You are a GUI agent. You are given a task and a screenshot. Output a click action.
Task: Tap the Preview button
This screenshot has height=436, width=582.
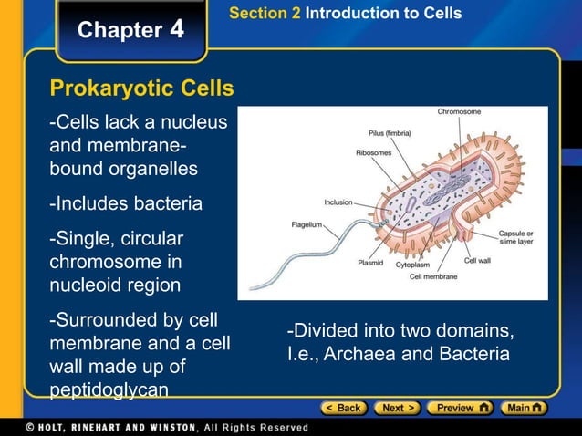click(461, 408)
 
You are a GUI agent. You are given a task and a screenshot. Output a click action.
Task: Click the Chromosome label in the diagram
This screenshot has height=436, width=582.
click(459, 112)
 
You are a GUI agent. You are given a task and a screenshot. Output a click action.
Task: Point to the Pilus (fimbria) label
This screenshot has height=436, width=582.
click(390, 133)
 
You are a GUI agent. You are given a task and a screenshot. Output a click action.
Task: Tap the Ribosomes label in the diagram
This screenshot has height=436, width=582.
click(374, 152)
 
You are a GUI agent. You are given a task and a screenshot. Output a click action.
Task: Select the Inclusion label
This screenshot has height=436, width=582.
click(338, 202)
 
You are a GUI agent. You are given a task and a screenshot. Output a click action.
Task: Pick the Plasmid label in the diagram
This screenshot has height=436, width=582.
click(369, 263)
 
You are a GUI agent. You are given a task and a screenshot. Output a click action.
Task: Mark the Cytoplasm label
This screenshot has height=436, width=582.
click(412, 265)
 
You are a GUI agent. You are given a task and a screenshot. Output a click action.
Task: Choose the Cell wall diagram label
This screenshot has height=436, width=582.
click(478, 261)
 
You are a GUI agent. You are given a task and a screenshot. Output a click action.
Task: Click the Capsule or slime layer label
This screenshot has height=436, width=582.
click(516, 239)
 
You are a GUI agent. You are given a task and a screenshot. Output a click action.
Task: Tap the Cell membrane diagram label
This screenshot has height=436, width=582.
click(433, 276)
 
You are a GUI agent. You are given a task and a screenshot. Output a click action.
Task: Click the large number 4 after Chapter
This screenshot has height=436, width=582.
click(176, 29)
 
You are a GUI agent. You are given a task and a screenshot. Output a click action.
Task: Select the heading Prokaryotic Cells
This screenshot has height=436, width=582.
click(141, 89)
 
